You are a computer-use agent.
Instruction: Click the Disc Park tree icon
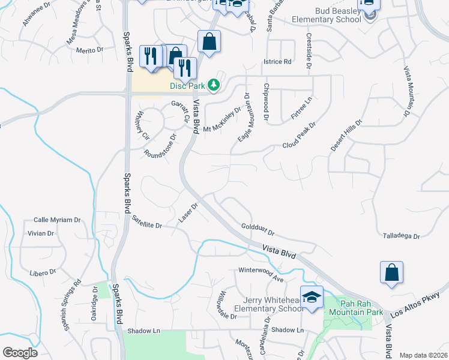click(x=213, y=86)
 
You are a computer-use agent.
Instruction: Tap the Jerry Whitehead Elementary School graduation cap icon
click(x=312, y=298)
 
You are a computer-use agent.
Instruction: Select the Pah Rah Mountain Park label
click(x=358, y=307)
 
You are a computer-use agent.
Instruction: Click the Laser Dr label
click(x=188, y=212)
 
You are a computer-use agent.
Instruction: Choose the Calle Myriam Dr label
click(x=57, y=220)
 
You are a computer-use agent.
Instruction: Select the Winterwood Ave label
click(x=261, y=274)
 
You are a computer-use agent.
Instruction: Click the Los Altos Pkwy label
click(x=415, y=307)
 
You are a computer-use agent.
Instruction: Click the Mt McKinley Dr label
click(x=221, y=120)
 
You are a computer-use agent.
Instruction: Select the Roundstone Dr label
click(x=160, y=146)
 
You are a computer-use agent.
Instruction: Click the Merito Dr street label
click(x=91, y=50)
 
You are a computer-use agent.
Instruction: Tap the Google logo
click(x=20, y=353)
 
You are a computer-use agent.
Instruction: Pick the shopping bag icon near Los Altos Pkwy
click(x=391, y=272)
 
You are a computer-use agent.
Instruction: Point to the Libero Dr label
click(x=42, y=272)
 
